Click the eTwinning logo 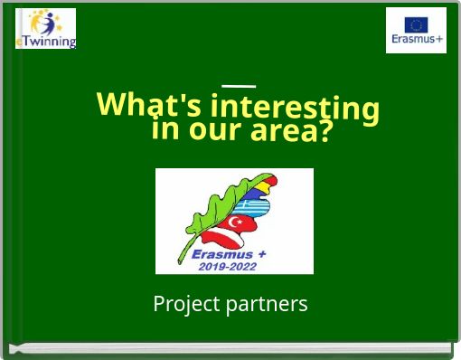[x=46, y=28]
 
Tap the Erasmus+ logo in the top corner [x=416, y=30]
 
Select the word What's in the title [x=149, y=105]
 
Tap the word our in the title [x=216, y=132]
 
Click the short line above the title [x=239, y=86]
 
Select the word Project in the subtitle [x=184, y=304]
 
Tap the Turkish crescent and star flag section [x=242, y=223]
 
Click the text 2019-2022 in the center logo [x=227, y=266]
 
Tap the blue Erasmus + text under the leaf [x=229, y=254]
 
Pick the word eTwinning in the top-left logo [x=47, y=42]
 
